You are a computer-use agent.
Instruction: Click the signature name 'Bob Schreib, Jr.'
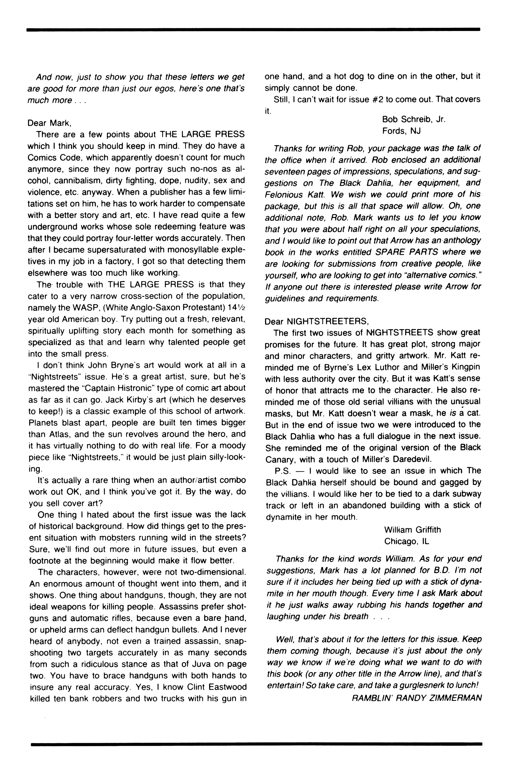click(414, 119)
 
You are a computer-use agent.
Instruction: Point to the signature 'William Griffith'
click(412, 530)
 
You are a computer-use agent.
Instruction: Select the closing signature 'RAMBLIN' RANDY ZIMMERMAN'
click(416, 698)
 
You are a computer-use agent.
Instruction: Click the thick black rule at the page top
click(253, 29)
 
